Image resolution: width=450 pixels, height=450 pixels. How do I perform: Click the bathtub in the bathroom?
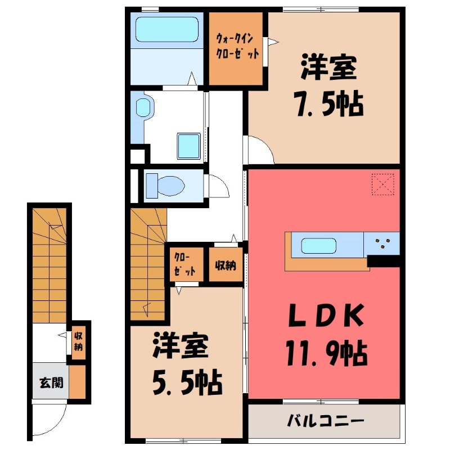pos(166,30)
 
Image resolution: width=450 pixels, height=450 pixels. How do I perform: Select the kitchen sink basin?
pos(318,246)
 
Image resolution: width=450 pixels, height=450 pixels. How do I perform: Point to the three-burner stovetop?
pos(382,244)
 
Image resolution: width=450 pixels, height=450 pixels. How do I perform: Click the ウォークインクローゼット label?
pos(237,46)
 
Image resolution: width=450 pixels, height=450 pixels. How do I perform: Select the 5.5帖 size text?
pos(187,383)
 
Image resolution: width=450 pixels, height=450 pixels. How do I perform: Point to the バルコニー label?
pos(325,421)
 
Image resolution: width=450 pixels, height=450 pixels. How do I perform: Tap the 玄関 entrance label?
pos(51,382)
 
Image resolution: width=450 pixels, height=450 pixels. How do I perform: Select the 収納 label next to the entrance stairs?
pos(78,341)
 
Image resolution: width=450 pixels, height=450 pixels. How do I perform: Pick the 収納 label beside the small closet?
pos(226,266)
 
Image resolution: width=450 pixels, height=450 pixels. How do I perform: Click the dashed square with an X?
pos(383,184)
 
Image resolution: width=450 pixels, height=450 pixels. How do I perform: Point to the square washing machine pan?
pos(188,146)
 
